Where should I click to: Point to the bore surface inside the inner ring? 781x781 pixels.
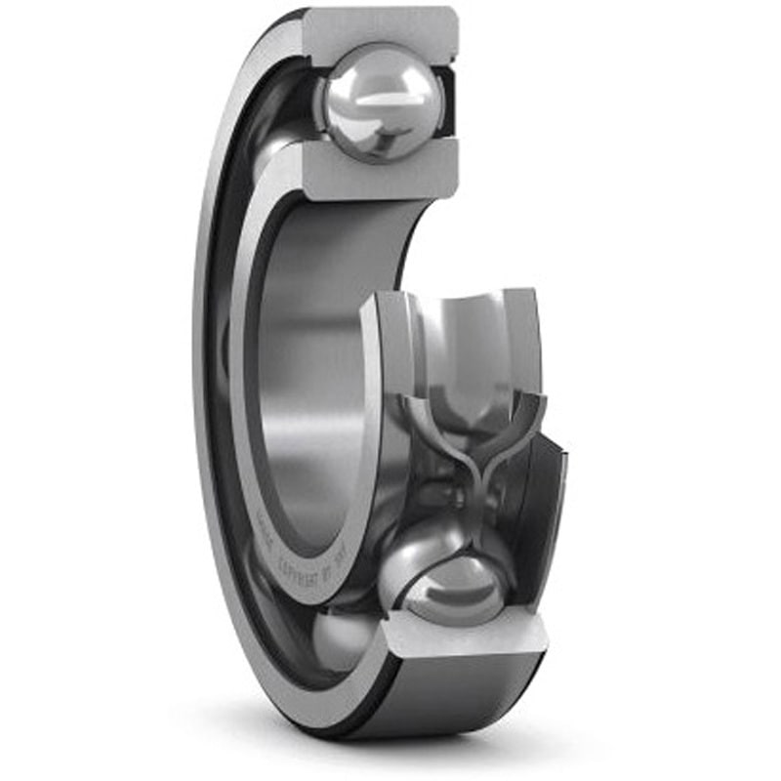point(312,390)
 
